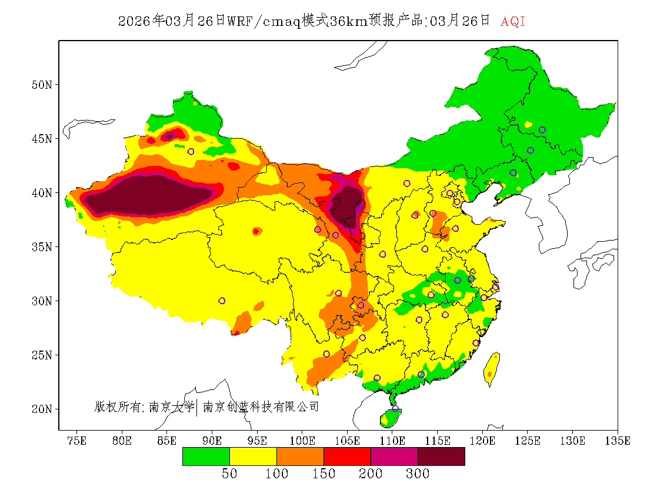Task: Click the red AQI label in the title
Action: click(x=512, y=22)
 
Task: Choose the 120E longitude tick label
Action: click(x=483, y=441)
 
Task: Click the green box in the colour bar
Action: click(x=206, y=456)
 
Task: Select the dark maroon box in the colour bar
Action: click(x=441, y=456)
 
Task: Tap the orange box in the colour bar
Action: click(x=300, y=456)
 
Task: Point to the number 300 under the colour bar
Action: click(x=418, y=474)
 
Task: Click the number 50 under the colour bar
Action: click(x=229, y=474)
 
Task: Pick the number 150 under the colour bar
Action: click(x=323, y=474)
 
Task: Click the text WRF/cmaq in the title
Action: click(x=263, y=22)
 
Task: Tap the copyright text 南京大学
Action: click(x=171, y=406)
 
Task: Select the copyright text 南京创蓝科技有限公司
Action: click(x=261, y=406)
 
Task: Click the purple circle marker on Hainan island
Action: click(x=395, y=408)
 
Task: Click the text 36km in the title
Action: click(x=349, y=22)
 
